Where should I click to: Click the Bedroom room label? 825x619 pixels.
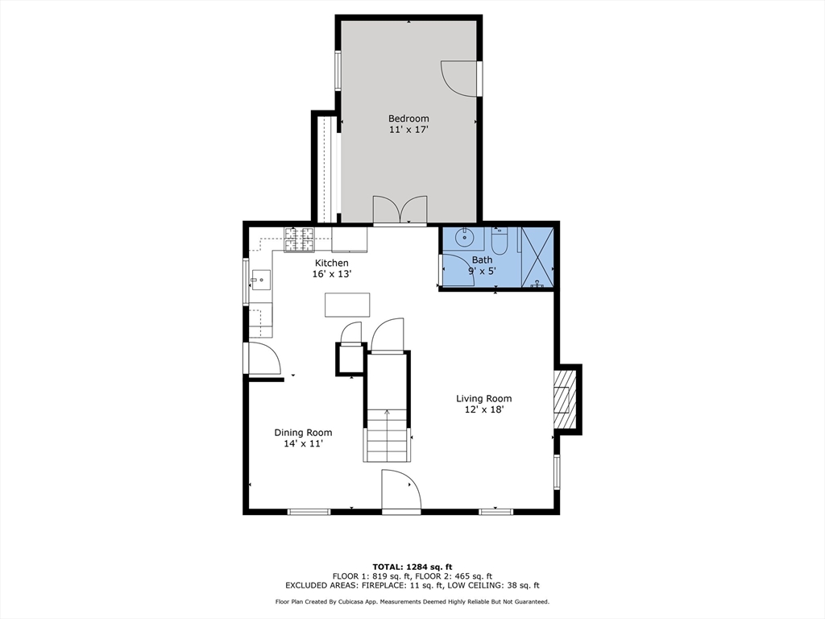point(408,118)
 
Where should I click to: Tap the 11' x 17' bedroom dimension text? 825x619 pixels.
point(408,130)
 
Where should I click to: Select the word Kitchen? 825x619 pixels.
point(331,264)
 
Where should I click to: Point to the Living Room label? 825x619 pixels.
point(483,398)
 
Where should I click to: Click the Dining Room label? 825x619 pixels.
point(303,433)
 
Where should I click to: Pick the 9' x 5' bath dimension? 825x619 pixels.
point(482,271)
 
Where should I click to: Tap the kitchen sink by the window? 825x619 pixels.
point(260,280)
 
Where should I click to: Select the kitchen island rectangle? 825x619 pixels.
point(347,305)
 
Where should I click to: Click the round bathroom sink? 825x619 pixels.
point(465,238)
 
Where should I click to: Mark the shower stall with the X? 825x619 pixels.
point(537,257)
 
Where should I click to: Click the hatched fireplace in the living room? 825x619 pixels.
point(566,399)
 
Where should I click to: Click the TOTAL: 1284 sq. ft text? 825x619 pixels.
point(412,567)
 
